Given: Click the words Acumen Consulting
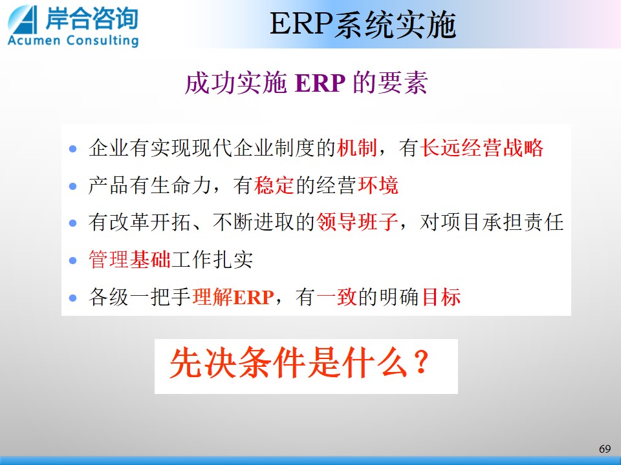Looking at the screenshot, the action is [x=73, y=41].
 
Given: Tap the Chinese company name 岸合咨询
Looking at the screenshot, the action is [x=91, y=18].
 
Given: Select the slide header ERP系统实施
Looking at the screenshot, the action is [x=363, y=25].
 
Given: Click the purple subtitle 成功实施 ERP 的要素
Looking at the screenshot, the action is [x=306, y=83].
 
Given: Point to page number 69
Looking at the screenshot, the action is [x=605, y=449].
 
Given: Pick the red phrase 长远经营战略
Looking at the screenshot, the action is [x=481, y=149].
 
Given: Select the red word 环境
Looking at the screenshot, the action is [x=378, y=185].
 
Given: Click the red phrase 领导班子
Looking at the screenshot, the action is [x=357, y=222].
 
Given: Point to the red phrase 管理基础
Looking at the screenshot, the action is [x=129, y=260].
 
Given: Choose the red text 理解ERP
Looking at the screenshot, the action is [x=233, y=297].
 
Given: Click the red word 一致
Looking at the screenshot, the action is [x=336, y=297].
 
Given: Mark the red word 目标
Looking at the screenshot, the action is [x=441, y=297].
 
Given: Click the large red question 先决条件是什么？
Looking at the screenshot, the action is [x=300, y=362].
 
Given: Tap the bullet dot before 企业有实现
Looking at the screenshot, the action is [x=73, y=149].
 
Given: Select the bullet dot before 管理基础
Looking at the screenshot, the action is [x=73, y=260].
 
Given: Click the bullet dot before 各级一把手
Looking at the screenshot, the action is [x=73, y=298].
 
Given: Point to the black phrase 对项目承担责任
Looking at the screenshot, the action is [x=492, y=222].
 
